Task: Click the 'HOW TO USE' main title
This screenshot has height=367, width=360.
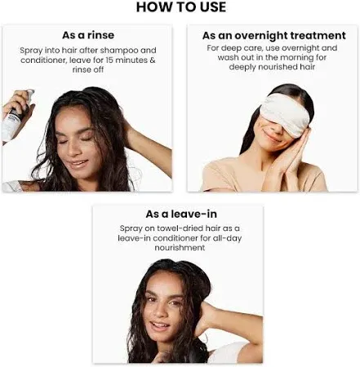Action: (x=181, y=7)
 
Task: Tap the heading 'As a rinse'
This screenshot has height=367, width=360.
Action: (x=88, y=35)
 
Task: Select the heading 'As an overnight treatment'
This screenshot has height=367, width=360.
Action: (x=274, y=36)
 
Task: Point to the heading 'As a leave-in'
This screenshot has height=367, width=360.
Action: (x=181, y=214)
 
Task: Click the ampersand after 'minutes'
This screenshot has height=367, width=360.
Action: (x=153, y=60)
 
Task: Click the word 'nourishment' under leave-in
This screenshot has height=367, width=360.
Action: (x=180, y=248)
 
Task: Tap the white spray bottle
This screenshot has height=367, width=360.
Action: (x=14, y=120)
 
